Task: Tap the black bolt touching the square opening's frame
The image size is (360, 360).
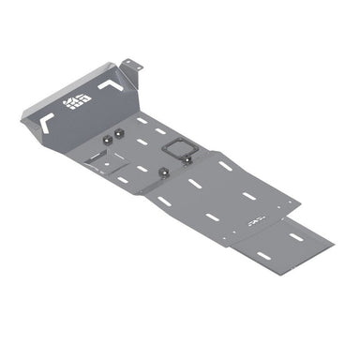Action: click(187, 159)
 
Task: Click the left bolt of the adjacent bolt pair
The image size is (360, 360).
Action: click(107, 139)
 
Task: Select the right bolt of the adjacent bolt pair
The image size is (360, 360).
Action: click(120, 136)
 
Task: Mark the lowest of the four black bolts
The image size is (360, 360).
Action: click(164, 172)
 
